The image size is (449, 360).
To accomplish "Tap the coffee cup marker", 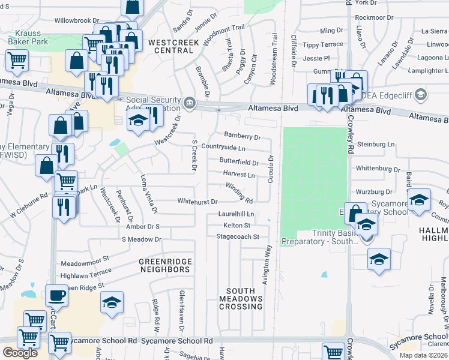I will click(x=58, y=296).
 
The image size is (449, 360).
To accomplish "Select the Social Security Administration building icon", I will click(x=190, y=103).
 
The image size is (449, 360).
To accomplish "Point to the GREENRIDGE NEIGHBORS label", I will click(x=164, y=266).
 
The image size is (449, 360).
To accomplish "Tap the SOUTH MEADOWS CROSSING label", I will click(x=240, y=298).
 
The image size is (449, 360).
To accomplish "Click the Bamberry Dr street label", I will click(x=242, y=137).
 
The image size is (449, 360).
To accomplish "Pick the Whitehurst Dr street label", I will click(x=197, y=202).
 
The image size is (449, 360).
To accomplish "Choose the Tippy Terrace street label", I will click(x=323, y=45).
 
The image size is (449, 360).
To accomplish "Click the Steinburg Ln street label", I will click(x=376, y=145).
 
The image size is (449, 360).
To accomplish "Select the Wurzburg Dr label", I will click(x=373, y=192).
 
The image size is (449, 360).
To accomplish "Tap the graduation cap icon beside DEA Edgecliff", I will click(x=420, y=95).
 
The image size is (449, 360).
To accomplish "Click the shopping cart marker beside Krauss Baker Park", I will click(x=17, y=60).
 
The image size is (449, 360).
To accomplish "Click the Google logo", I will click(x=20, y=353).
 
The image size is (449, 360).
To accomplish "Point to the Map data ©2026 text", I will click(x=423, y=355).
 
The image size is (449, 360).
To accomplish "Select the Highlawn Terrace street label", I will click(x=86, y=274).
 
